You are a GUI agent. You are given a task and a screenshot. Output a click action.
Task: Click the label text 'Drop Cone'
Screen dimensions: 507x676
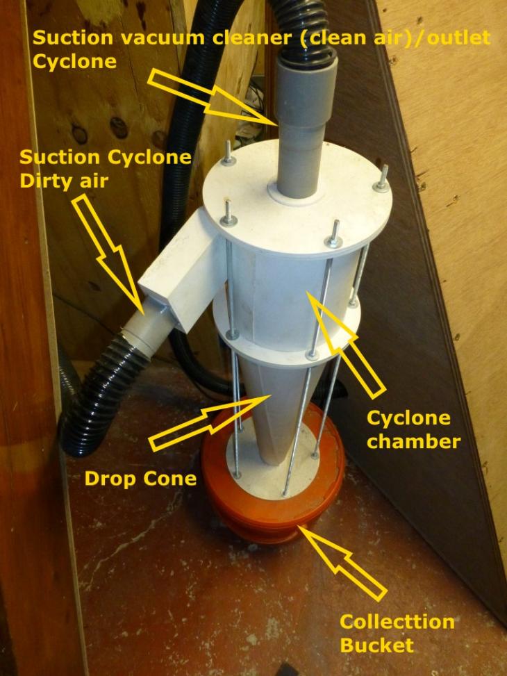point(140,479)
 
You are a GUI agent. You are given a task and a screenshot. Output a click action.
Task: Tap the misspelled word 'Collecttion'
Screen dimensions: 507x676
point(397,622)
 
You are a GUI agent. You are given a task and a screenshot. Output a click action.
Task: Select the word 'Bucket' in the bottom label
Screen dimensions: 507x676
point(377,645)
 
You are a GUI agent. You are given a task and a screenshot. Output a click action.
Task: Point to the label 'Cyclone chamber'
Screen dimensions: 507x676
point(413,429)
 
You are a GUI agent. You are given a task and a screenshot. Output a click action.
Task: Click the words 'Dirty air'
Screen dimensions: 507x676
point(64,181)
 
